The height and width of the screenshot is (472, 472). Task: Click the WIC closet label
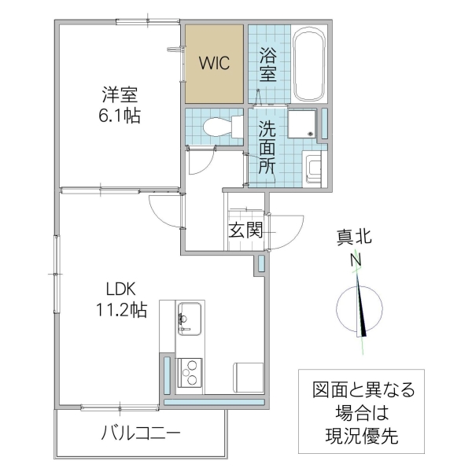click(x=214, y=64)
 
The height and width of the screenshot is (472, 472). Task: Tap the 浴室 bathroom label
click(x=267, y=64)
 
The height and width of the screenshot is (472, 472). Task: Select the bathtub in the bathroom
click(x=309, y=66)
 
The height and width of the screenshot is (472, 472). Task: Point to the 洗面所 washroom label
click(x=267, y=147)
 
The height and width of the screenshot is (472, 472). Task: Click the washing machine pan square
click(x=302, y=125)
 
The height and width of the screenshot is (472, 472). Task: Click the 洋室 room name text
click(x=120, y=96)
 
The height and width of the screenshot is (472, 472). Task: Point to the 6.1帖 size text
click(x=120, y=116)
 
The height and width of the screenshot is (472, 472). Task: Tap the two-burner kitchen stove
click(x=190, y=371)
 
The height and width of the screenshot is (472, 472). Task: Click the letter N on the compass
click(x=356, y=260)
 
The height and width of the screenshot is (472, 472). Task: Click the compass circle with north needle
click(x=360, y=309)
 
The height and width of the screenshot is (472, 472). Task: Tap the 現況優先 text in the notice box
click(x=361, y=434)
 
